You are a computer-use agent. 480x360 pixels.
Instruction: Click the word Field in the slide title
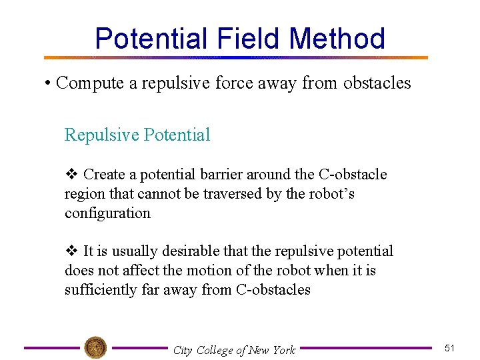249,39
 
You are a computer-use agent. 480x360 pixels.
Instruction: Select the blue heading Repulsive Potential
137,135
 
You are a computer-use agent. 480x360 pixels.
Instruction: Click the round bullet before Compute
48,83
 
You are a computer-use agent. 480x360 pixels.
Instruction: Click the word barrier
219,175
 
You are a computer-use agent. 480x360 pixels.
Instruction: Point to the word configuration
107,213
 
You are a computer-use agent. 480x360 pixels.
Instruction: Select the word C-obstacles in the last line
273,290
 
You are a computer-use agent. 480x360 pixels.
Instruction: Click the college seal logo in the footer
95,347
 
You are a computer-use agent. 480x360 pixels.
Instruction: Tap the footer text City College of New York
233,350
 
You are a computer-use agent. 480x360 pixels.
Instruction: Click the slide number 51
449,348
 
